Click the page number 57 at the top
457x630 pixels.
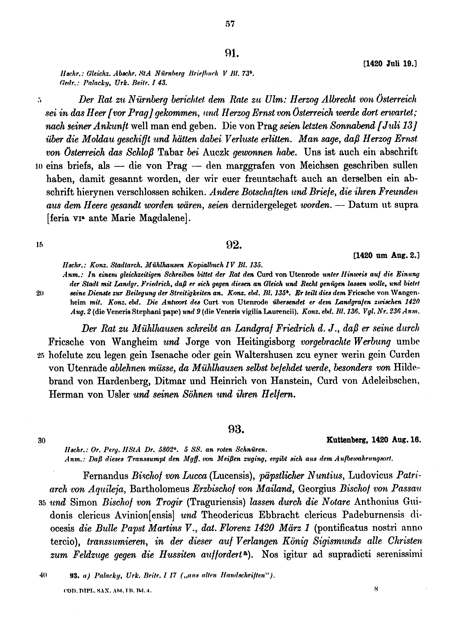(x=230, y=24)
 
